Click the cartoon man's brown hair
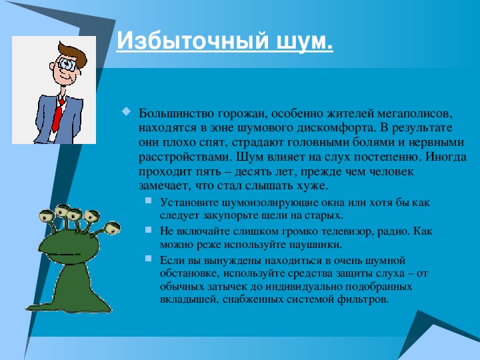click(x=73, y=53)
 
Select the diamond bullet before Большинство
click(x=126, y=111)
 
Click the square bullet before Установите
click(x=149, y=201)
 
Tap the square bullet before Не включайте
click(x=149, y=229)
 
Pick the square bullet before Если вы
click(x=149, y=259)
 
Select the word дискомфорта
click(x=337, y=128)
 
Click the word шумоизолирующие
click(x=270, y=203)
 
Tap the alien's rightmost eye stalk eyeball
click(x=112, y=229)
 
